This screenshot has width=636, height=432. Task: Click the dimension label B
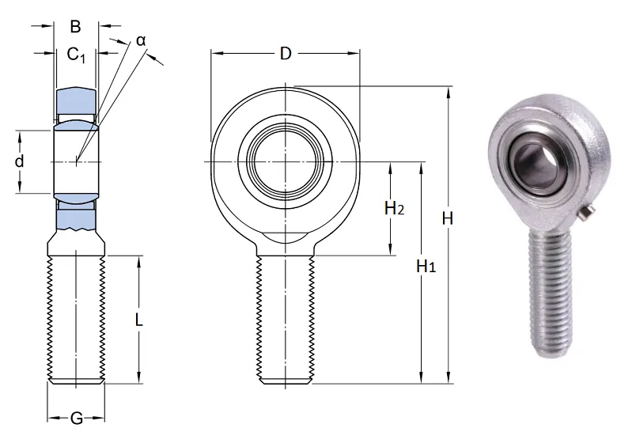(x=75, y=26)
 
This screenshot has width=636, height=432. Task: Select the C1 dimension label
(x=76, y=54)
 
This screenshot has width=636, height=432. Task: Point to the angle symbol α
(x=141, y=40)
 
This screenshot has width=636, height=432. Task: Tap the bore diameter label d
(x=19, y=161)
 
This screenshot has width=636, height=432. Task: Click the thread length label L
(x=138, y=320)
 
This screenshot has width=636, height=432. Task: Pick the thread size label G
(x=77, y=418)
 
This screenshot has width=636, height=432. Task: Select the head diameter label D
(x=286, y=53)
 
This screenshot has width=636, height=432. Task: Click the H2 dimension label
(x=394, y=209)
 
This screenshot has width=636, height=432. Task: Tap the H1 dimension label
(x=426, y=266)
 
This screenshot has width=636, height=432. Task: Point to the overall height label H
(x=448, y=218)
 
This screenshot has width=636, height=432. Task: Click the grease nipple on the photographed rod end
(x=587, y=214)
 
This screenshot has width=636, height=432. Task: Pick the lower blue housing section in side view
(x=76, y=220)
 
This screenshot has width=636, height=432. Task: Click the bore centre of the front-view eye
(x=286, y=162)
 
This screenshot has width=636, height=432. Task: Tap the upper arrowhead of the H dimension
(x=449, y=92)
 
